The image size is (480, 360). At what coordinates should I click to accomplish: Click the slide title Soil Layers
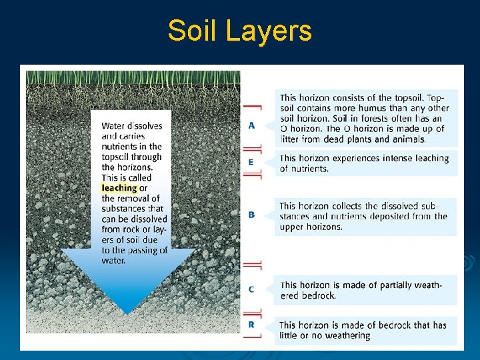(x=239, y=31)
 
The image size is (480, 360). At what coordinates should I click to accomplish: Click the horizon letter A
(x=251, y=125)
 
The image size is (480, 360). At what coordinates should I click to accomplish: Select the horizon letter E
(x=251, y=162)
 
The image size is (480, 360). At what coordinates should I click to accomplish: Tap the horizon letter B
(x=251, y=215)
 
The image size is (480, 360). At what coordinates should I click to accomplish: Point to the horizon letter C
(x=251, y=289)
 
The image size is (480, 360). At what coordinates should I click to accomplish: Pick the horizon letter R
(x=251, y=325)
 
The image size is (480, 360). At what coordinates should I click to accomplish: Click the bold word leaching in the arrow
(x=119, y=188)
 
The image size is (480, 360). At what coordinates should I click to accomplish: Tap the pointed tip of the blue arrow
(x=128, y=313)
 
